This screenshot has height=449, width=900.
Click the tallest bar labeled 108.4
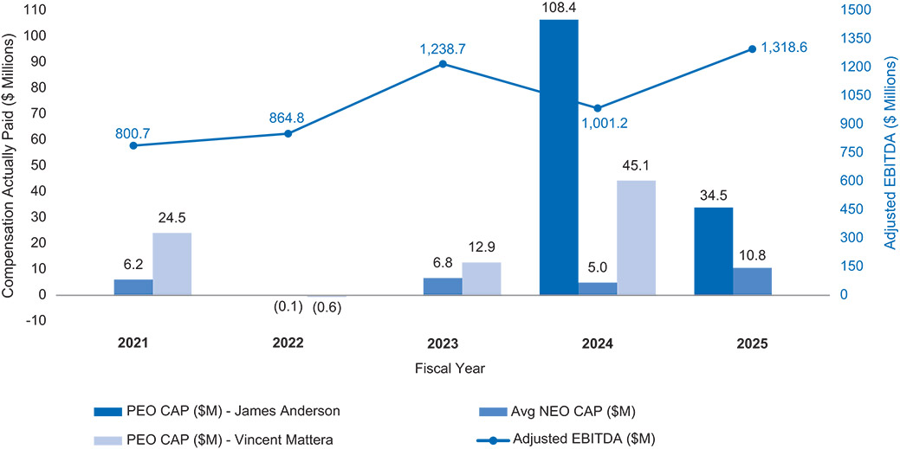tap(558, 157)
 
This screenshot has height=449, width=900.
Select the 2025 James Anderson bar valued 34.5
tap(713, 251)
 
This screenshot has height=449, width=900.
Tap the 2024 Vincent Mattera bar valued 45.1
tap(636, 237)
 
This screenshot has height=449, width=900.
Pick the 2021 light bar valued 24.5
tap(172, 263)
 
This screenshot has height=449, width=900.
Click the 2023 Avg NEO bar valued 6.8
tap(443, 286)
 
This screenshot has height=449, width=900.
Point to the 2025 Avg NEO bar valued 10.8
tap(751, 281)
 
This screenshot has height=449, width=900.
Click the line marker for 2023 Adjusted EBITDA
tap(443, 64)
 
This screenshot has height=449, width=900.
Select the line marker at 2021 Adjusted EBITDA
tap(133, 145)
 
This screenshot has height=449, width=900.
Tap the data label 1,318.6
tap(784, 48)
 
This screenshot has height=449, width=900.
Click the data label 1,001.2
tap(605, 123)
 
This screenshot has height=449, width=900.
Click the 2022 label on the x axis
tap(288, 343)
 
